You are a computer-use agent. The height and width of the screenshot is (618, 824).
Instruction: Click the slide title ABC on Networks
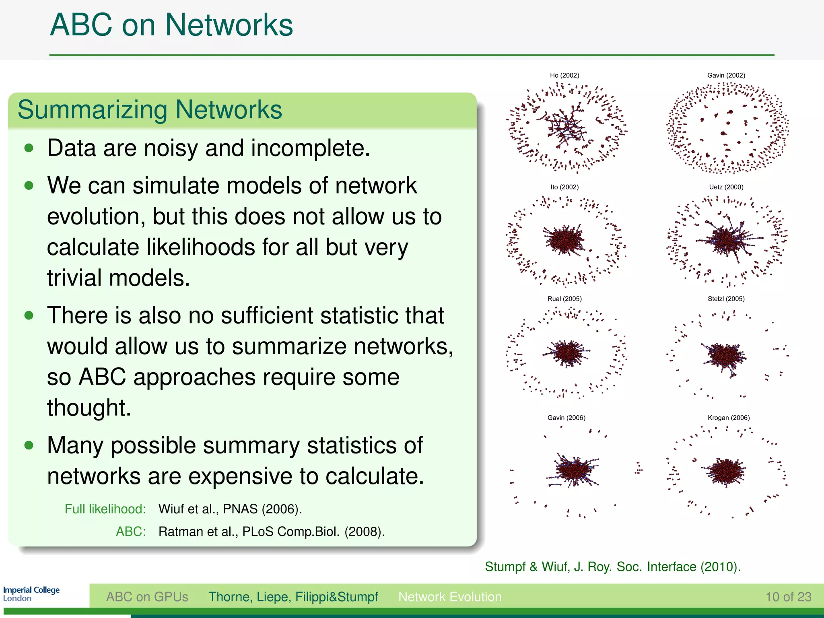(x=171, y=25)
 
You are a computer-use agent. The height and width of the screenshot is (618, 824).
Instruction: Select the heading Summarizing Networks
(x=150, y=110)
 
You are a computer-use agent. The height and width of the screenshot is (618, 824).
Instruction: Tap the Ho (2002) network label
(x=564, y=75)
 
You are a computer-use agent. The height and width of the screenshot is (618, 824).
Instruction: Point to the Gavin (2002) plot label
(x=726, y=75)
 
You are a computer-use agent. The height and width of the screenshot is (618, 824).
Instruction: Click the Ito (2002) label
(x=564, y=187)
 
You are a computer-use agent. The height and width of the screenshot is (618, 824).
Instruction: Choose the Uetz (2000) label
(x=726, y=187)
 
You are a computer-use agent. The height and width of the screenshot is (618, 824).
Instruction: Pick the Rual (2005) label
(x=564, y=299)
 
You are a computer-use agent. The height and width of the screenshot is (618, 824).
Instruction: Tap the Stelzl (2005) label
(x=726, y=299)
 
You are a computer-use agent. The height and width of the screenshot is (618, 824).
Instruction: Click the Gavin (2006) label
(x=566, y=418)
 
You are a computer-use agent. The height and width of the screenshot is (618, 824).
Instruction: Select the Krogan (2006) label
(x=729, y=418)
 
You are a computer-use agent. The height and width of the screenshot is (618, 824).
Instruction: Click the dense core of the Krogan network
(x=727, y=471)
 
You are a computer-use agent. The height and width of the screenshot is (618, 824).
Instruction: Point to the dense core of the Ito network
(x=564, y=239)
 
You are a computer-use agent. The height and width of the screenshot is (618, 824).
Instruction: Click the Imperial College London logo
(x=31, y=594)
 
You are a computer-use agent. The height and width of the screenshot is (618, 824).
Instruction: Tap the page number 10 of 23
(x=788, y=597)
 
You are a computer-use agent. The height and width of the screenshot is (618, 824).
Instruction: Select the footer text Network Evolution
(x=450, y=597)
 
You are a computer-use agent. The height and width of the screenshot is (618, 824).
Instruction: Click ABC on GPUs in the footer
(x=147, y=597)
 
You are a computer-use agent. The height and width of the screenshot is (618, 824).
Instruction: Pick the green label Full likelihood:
(x=105, y=509)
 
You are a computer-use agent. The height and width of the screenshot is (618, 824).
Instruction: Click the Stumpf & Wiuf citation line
(x=612, y=567)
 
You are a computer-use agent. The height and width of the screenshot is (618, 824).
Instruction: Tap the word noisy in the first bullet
(x=171, y=148)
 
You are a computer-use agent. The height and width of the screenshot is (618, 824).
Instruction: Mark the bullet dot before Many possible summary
(x=29, y=445)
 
